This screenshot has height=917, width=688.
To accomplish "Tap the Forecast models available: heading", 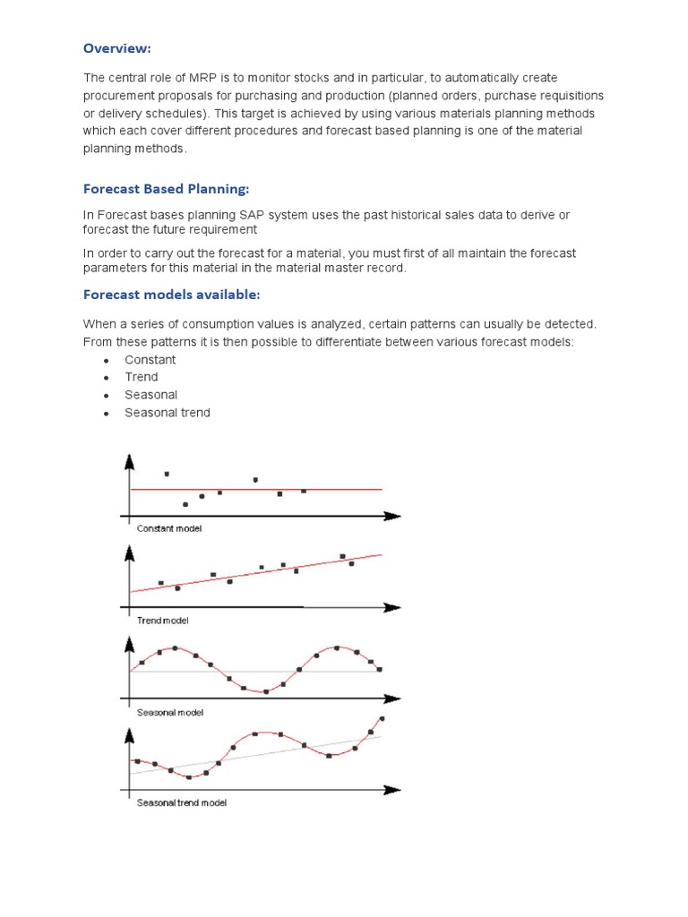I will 172,294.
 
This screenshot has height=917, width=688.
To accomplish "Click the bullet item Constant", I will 150,359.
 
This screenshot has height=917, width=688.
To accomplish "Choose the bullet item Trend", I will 142,377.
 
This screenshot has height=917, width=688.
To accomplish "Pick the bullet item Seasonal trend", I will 168,412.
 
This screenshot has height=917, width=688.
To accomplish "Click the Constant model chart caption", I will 169,528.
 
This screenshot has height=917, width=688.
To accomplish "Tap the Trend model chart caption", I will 162,620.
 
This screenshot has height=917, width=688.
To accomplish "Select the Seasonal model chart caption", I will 170,712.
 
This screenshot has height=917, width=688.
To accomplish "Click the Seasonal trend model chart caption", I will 182,802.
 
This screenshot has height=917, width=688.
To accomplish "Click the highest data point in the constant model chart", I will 167,474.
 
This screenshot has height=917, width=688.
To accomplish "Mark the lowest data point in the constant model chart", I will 185,505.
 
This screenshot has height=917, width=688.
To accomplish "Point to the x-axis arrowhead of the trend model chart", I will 392,607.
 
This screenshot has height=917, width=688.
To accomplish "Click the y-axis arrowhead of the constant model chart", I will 131,460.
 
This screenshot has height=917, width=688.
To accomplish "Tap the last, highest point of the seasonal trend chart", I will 383,718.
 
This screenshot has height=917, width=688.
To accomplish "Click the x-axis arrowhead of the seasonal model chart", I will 392,698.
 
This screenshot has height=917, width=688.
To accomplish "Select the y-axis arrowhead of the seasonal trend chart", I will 131,734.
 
